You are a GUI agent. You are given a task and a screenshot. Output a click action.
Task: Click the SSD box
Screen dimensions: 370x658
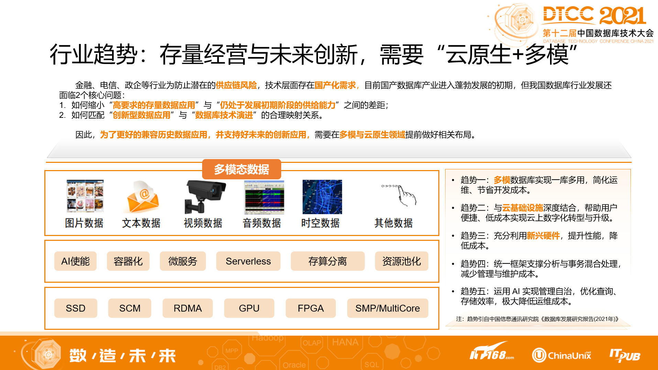[76, 308]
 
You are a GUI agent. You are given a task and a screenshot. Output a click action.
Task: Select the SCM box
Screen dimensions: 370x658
[130, 308]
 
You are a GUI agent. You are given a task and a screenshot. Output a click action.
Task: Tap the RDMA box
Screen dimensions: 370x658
[187, 308]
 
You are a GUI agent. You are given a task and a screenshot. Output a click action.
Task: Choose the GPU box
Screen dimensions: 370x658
[249, 308]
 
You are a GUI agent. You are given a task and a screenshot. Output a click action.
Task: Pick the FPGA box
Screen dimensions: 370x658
[310, 308]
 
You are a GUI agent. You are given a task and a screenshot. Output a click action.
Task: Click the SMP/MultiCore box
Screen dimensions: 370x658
[387, 308]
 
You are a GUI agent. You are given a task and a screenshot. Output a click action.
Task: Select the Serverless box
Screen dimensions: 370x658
[248, 261]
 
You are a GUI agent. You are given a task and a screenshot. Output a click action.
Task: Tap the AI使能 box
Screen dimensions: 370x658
[75, 261]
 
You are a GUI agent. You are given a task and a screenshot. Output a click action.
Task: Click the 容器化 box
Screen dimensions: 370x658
[128, 261]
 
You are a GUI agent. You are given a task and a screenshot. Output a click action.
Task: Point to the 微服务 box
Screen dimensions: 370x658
[183, 261]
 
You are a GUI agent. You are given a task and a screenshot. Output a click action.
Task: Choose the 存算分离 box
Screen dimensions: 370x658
[327, 261]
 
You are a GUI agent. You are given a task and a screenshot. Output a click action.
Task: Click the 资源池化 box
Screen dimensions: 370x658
[401, 261]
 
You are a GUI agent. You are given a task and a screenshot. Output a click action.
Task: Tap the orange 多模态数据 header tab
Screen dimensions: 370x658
[241, 169]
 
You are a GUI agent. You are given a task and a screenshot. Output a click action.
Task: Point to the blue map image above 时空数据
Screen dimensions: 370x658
[322, 197]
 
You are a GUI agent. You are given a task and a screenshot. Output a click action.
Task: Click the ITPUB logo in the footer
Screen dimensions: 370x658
[625, 355]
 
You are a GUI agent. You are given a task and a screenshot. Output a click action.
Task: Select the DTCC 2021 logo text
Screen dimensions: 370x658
[594, 15]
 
